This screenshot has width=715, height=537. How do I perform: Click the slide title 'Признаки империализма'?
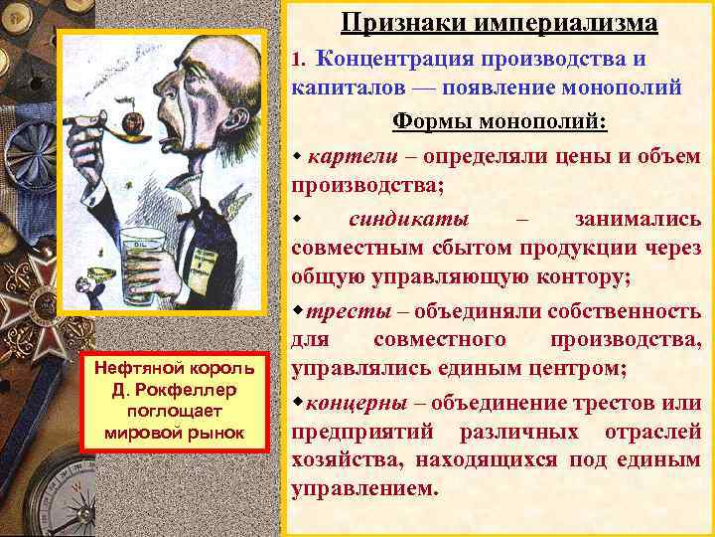[x=499, y=22]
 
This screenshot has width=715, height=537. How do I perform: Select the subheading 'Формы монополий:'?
[x=500, y=121]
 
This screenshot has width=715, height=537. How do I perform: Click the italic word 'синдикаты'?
[x=409, y=219]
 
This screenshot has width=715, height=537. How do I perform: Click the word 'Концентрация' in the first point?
[x=393, y=59]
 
